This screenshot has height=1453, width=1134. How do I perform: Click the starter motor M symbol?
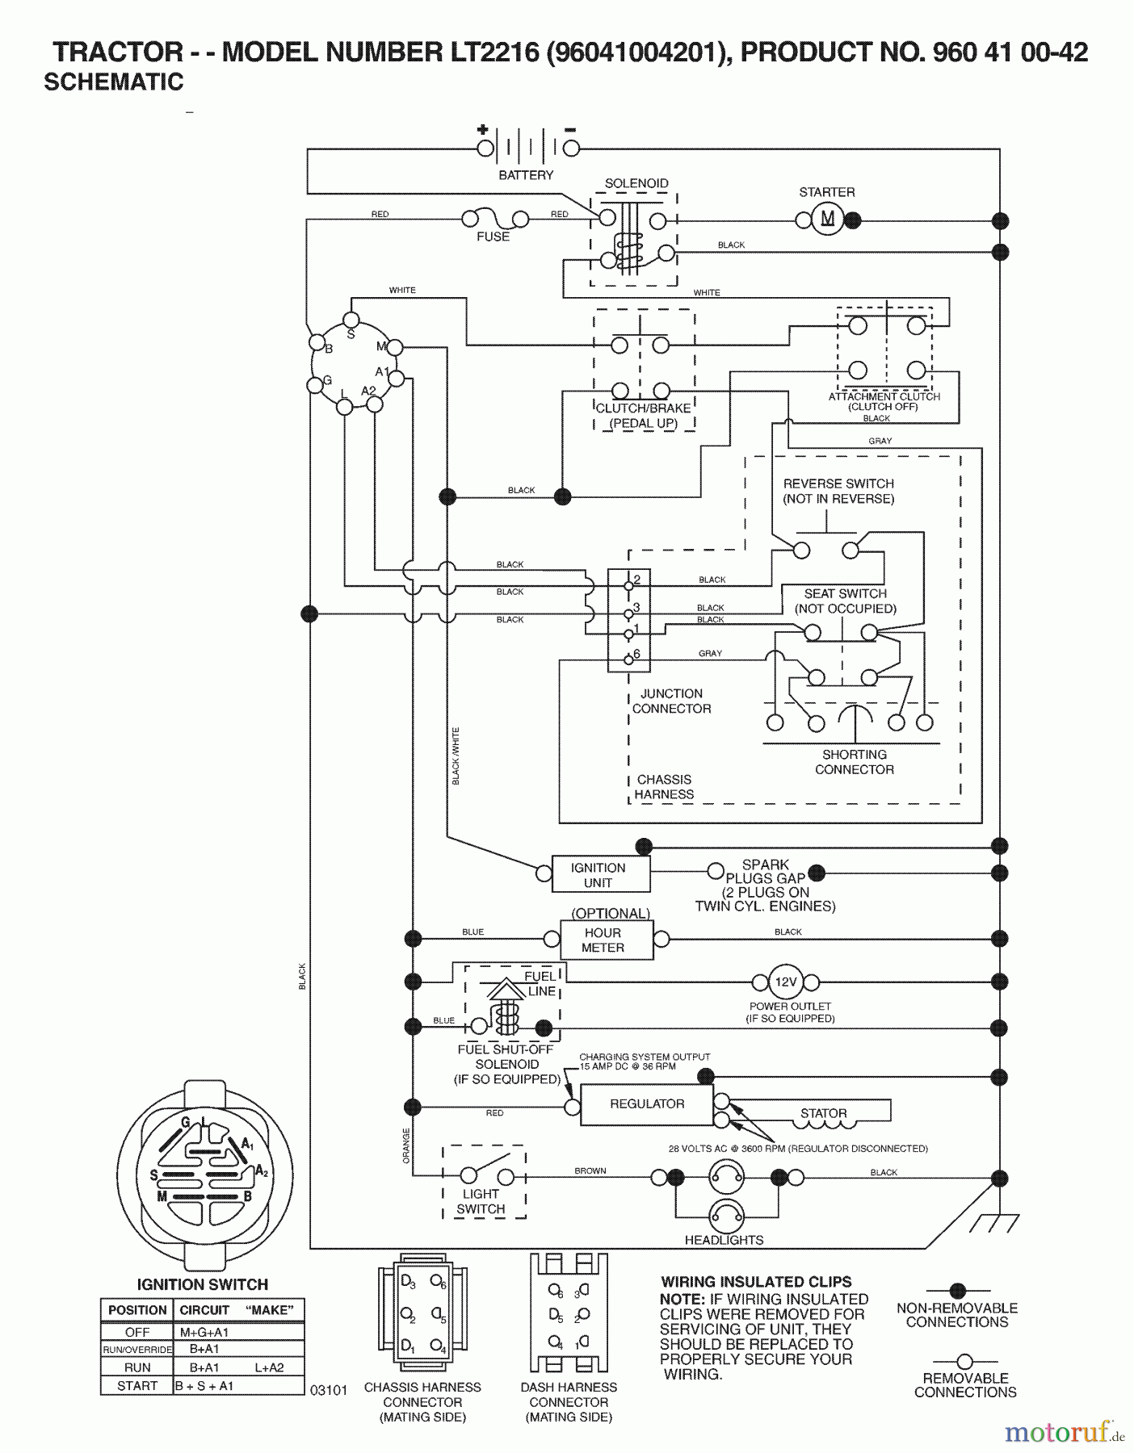(x=827, y=219)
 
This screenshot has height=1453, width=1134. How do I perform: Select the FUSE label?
(x=493, y=237)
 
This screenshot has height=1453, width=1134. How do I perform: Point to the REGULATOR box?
(x=646, y=1103)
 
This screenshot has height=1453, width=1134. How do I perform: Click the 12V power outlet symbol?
(x=785, y=982)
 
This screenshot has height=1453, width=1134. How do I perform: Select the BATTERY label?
(x=526, y=175)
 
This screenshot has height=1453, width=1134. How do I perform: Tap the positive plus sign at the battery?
(x=482, y=129)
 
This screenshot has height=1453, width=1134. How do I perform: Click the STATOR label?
(x=823, y=1113)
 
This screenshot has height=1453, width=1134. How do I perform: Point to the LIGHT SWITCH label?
(x=481, y=1201)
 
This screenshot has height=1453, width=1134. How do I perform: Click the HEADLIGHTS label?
(x=724, y=1240)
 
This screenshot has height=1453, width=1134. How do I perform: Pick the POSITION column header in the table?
(x=137, y=1309)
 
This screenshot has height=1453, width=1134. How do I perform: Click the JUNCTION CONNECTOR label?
(x=671, y=701)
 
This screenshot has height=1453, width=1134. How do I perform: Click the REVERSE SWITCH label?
(x=838, y=491)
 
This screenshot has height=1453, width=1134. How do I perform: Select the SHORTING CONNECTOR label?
(x=854, y=762)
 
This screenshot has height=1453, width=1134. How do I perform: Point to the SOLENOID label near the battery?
(x=636, y=183)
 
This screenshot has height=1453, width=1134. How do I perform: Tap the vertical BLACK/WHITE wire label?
(x=456, y=756)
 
